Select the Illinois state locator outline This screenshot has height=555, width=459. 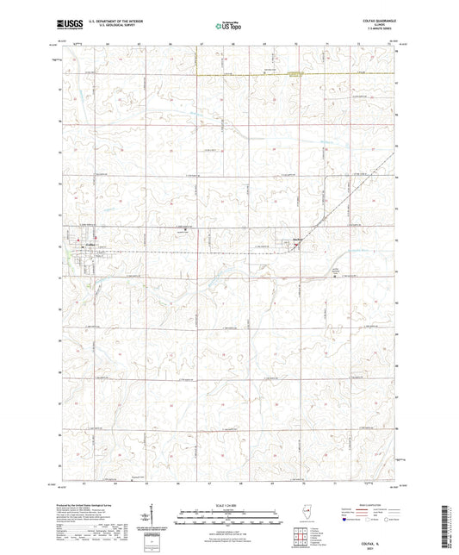pos(309,511)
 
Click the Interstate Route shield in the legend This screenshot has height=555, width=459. pos(345,520)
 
